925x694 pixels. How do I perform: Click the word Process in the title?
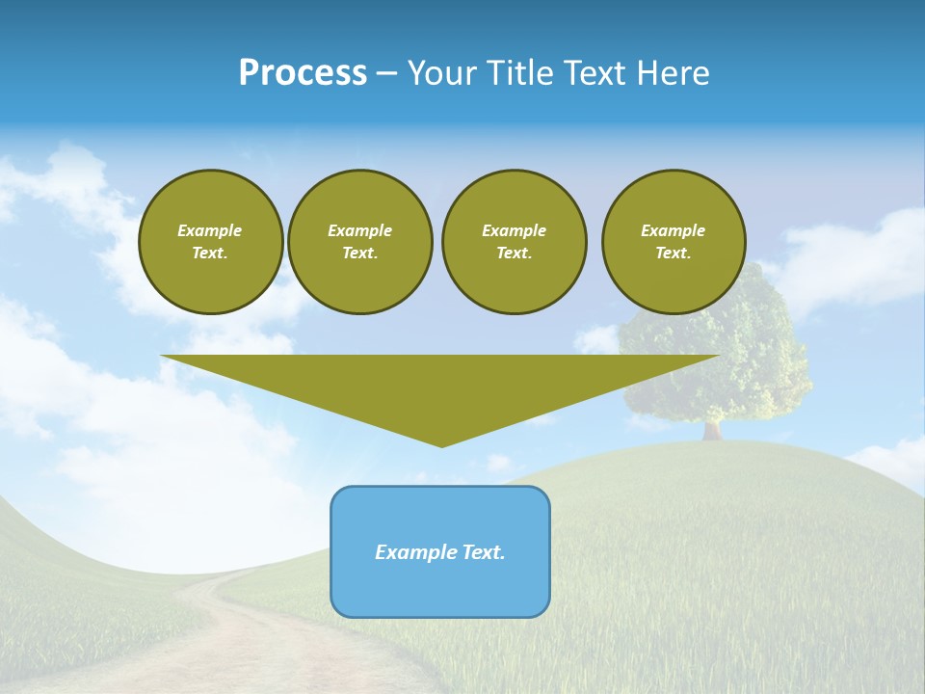[x=303, y=73]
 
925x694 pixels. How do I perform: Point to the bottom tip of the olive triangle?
[x=442, y=444]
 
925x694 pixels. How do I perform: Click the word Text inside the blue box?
[x=483, y=552]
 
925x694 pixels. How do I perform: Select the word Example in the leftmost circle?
[x=210, y=230]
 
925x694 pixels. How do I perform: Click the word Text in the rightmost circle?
[x=673, y=254]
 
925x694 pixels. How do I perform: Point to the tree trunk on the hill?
[x=712, y=429]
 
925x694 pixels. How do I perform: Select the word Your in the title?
[x=442, y=73]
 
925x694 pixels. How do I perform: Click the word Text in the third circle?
[x=514, y=254]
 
